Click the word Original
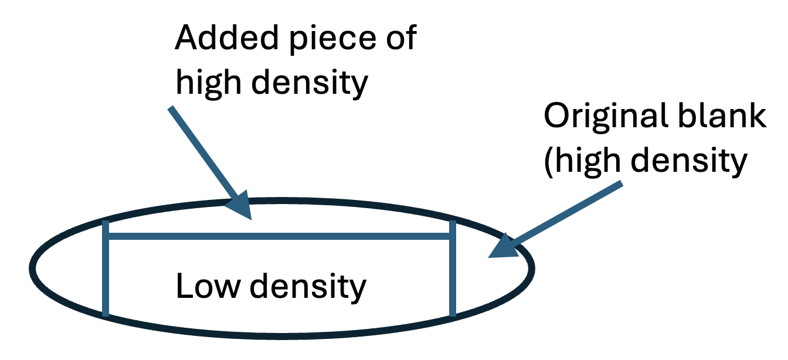point(604,117)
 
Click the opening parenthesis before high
point(548,162)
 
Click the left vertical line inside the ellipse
point(106,276)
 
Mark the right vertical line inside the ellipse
point(452,276)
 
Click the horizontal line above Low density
point(278,237)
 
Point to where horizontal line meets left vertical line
point(106,237)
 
